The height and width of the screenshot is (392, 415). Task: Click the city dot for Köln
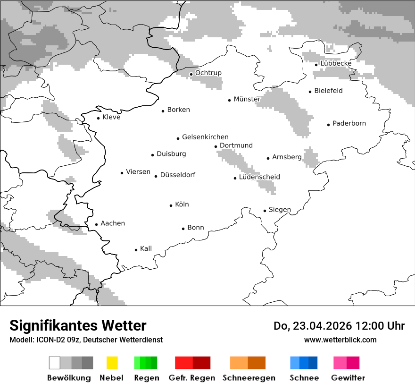(171, 205)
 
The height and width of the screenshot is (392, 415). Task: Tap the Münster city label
(247, 99)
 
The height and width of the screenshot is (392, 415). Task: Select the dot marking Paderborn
(329, 125)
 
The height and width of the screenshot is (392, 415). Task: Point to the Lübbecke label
(336, 63)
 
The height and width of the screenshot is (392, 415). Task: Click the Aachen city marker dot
(97, 225)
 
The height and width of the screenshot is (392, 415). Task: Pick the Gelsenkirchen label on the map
(205, 137)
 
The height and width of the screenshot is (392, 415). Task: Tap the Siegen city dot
(265, 211)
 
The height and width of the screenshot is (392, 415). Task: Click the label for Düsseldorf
(177, 175)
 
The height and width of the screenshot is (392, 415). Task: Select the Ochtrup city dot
(191, 74)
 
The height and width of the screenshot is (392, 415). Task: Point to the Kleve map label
(111, 117)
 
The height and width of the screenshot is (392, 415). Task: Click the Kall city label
(146, 248)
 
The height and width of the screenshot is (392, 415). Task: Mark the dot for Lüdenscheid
(235, 178)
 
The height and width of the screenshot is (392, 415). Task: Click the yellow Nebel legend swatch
(112, 363)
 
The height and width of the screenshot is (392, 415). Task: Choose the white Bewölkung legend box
(55, 363)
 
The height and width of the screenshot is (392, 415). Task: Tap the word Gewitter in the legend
(348, 378)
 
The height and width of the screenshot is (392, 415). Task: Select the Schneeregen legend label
(249, 378)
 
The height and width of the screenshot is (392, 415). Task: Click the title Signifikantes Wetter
(78, 325)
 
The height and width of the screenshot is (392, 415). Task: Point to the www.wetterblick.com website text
(340, 340)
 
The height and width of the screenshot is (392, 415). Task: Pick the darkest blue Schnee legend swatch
(313, 363)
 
